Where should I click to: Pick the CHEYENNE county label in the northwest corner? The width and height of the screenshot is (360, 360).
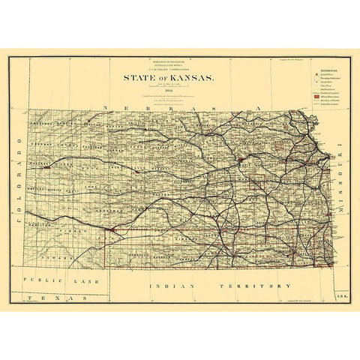tap(45, 122)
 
